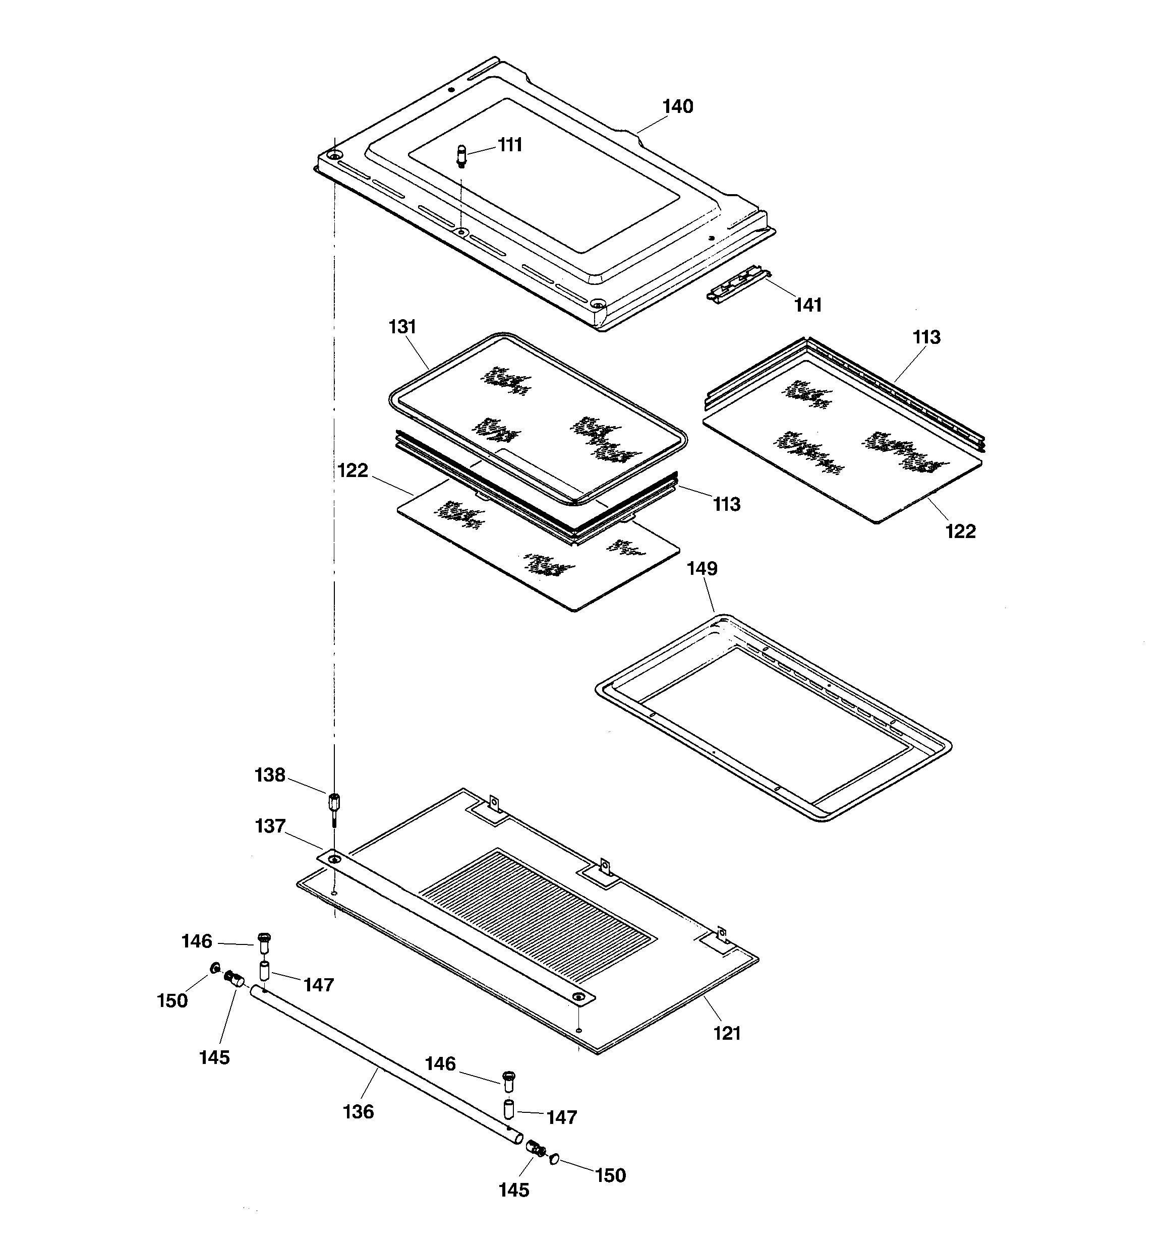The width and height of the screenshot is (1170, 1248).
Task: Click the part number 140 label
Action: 678,107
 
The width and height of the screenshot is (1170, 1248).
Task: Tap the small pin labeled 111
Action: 461,156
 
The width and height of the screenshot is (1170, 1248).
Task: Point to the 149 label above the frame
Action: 701,568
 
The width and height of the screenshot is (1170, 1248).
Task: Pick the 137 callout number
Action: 270,825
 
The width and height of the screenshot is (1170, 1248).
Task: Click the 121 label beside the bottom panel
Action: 727,1033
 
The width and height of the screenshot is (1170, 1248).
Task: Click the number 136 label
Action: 358,1112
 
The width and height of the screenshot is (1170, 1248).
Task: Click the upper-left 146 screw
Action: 264,940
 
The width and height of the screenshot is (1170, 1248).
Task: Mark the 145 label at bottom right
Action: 514,1190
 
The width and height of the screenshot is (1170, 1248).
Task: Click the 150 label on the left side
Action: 172,1000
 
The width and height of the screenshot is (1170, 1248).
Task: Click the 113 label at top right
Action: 926,337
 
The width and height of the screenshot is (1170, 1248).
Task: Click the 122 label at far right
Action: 960,531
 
